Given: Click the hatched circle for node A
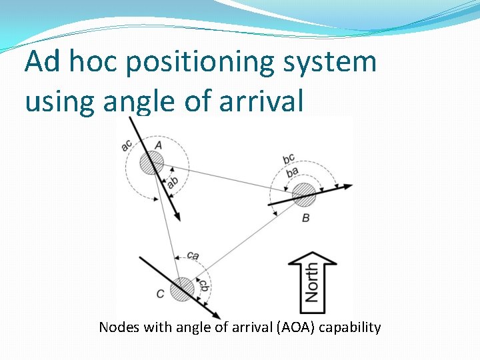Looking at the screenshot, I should pyautogui.click(x=151, y=162).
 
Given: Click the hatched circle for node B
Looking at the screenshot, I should pyautogui.click(x=305, y=195).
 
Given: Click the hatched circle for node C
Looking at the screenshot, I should pyautogui.click(x=181, y=289).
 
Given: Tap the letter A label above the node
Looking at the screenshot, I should pyautogui.click(x=158, y=145).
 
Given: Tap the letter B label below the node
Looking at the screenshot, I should pyautogui.click(x=305, y=218).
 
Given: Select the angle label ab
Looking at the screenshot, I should pyautogui.click(x=172, y=181).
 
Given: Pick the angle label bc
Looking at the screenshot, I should pyautogui.click(x=288, y=159).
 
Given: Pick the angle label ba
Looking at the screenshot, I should pyautogui.click(x=292, y=172).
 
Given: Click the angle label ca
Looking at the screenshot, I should pyautogui.click(x=193, y=255).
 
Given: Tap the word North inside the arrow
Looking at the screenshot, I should pyautogui.click(x=311, y=283).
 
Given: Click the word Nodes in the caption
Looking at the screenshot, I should pyautogui.click(x=116, y=327).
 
